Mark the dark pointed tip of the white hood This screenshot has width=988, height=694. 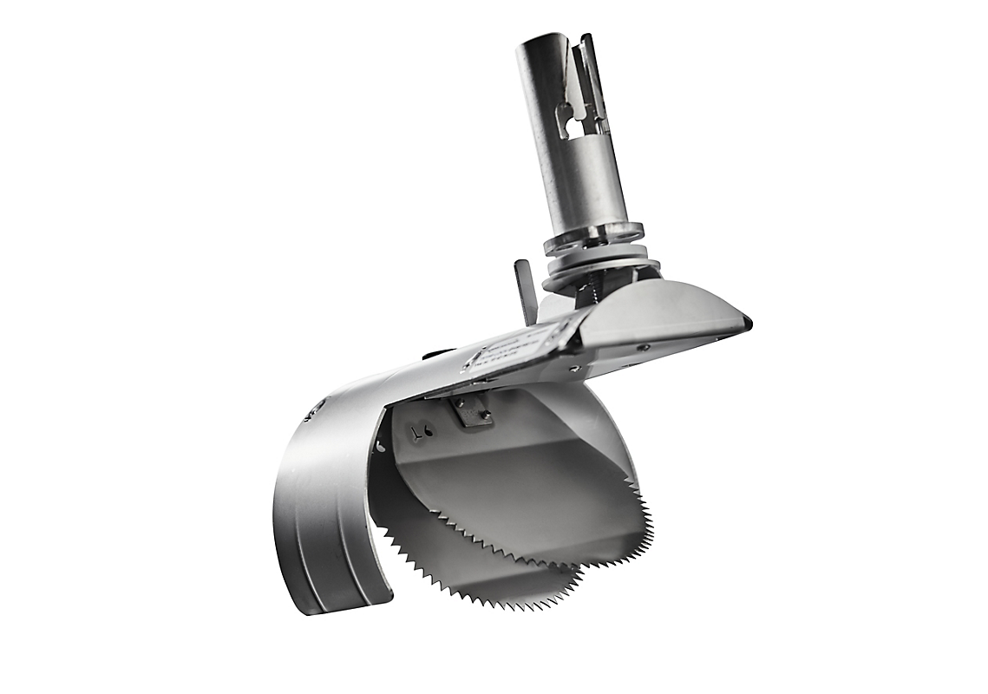(746, 323)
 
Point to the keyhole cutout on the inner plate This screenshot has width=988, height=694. (419, 432)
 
